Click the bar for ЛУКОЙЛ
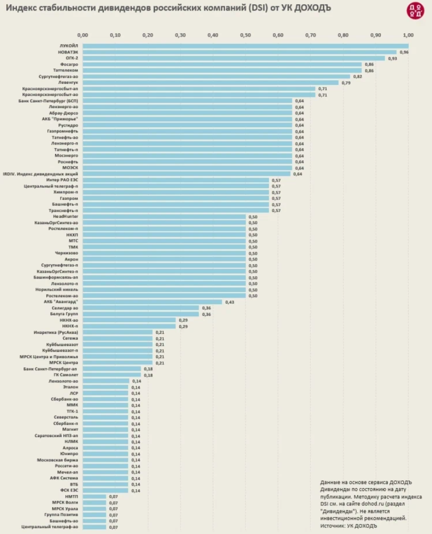coord(245,46)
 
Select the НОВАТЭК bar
coord(240,52)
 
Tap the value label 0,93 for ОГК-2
coord(392,59)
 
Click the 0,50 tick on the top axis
coord(246,35)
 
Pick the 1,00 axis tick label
coord(408,35)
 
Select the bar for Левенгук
coord(211,83)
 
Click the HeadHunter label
coord(66,216)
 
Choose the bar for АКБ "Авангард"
coord(153,302)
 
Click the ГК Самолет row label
coord(66,375)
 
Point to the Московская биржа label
coord(58,460)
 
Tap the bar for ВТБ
coord(105,484)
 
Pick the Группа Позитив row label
coord(62,515)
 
